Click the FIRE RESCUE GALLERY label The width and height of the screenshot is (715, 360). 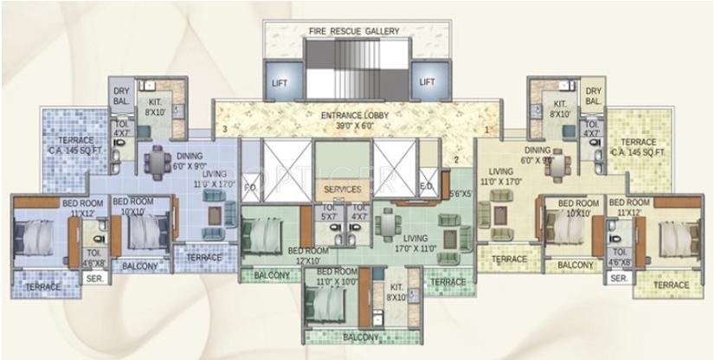tap(354, 31)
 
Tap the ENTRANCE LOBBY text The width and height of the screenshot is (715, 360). tap(358, 114)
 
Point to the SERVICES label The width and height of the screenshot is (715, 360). tap(342, 189)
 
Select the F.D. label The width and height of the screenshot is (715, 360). tap(251, 186)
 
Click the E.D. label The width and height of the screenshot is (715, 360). tap(427, 185)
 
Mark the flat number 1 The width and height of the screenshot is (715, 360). tap(487, 130)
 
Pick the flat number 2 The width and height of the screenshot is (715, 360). tap(456, 160)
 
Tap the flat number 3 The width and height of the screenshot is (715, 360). tap(224, 130)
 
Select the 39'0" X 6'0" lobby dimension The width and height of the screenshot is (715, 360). tap(358, 125)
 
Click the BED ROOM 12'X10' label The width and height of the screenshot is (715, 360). tap(307, 255)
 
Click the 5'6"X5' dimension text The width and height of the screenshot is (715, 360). tap(460, 194)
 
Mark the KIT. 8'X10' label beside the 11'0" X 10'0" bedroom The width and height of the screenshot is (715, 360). tap(397, 292)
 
